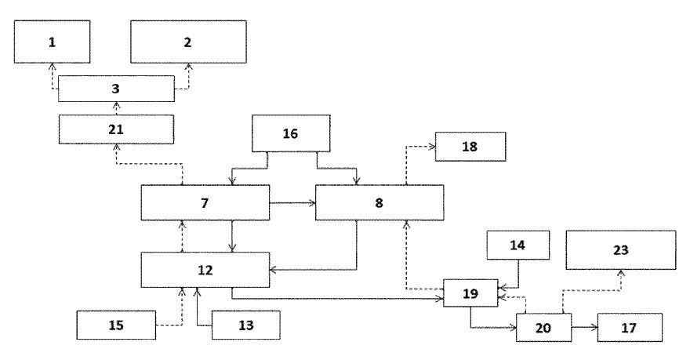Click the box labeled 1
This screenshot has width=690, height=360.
coord(52,42)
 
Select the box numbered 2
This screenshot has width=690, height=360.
coord(188,42)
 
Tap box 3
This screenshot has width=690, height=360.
coord(116,89)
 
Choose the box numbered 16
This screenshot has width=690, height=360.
coord(290,134)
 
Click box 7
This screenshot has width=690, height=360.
coord(205,203)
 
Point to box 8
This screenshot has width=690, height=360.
coord(379,203)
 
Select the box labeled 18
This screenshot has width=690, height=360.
coord(471,147)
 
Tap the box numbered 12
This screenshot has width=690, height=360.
coord(205,270)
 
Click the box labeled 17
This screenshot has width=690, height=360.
coord(630,326)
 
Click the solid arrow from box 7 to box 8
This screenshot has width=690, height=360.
coord(292,203)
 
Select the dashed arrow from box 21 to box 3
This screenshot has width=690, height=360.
coord(116,107)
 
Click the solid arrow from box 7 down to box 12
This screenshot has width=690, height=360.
coord(233,236)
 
